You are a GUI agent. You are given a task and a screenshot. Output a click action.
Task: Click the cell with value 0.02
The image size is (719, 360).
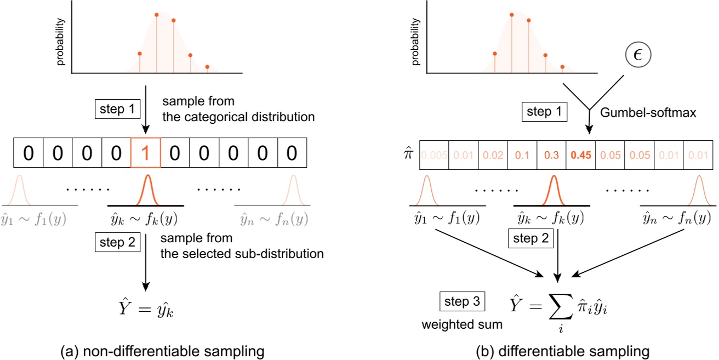(x=493, y=155)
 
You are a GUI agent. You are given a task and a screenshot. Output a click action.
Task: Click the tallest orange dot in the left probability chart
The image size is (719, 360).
(x=157, y=15)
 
